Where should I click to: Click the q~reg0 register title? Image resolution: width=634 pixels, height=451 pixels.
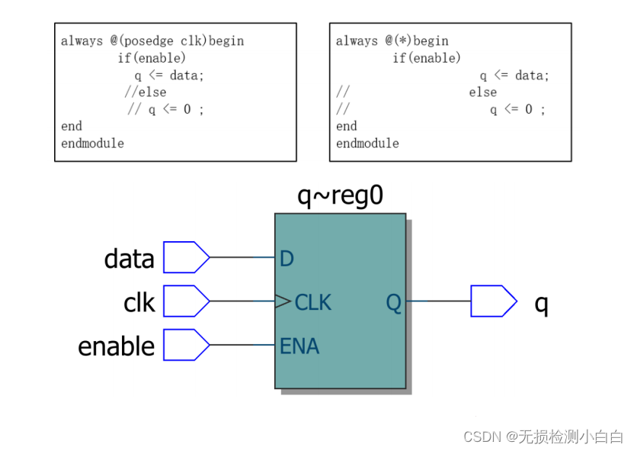pos(340,197)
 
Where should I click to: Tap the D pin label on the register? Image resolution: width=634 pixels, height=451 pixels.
pos(287,259)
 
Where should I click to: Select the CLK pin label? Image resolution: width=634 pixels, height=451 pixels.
pos(312,302)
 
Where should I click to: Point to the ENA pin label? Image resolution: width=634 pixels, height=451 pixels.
pos(299,346)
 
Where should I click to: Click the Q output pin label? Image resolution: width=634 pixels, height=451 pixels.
pos(393,302)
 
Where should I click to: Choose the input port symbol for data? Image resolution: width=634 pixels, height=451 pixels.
pos(186,257)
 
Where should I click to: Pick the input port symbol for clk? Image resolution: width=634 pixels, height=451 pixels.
pos(186,301)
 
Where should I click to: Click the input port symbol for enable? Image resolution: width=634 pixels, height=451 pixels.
pos(186,345)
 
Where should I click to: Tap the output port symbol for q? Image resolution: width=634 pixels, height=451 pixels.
pos(493,301)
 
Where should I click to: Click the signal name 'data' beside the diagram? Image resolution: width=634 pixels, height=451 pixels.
pos(129,259)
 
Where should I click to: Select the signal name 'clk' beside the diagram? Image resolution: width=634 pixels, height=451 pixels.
pos(139,303)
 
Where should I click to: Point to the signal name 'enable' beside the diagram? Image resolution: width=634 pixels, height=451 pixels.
pos(116,346)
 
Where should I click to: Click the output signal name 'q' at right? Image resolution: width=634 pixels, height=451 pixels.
pos(541,303)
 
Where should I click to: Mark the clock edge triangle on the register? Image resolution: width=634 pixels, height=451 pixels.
pos(283,302)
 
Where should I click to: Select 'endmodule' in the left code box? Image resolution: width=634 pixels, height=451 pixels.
pos(92,143)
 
